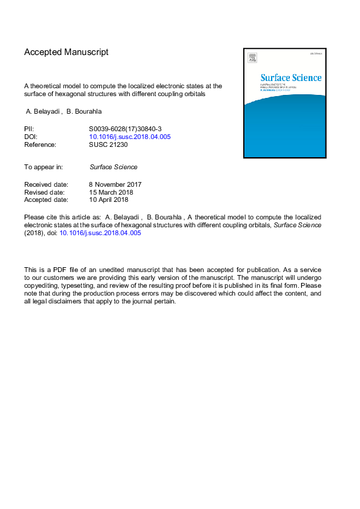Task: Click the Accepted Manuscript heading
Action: (x=67, y=52)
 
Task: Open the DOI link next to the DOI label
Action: (x=130, y=137)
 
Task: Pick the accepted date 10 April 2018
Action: (x=108, y=199)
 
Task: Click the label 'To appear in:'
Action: (x=44, y=167)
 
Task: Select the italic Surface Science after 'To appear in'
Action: (x=113, y=167)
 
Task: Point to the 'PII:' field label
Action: (x=29, y=129)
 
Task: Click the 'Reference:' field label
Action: (x=40, y=144)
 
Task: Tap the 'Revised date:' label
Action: (x=46, y=192)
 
